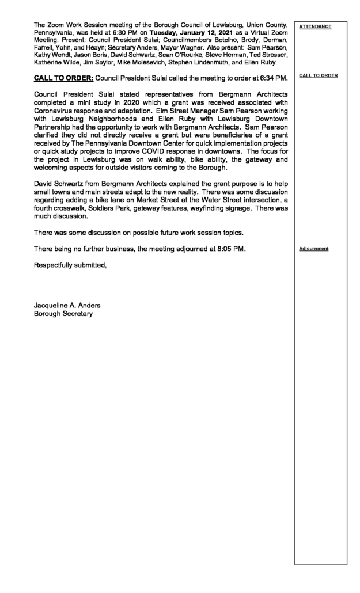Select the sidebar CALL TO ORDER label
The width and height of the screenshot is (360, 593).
(319, 75)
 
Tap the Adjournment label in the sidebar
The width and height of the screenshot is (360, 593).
(314, 249)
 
